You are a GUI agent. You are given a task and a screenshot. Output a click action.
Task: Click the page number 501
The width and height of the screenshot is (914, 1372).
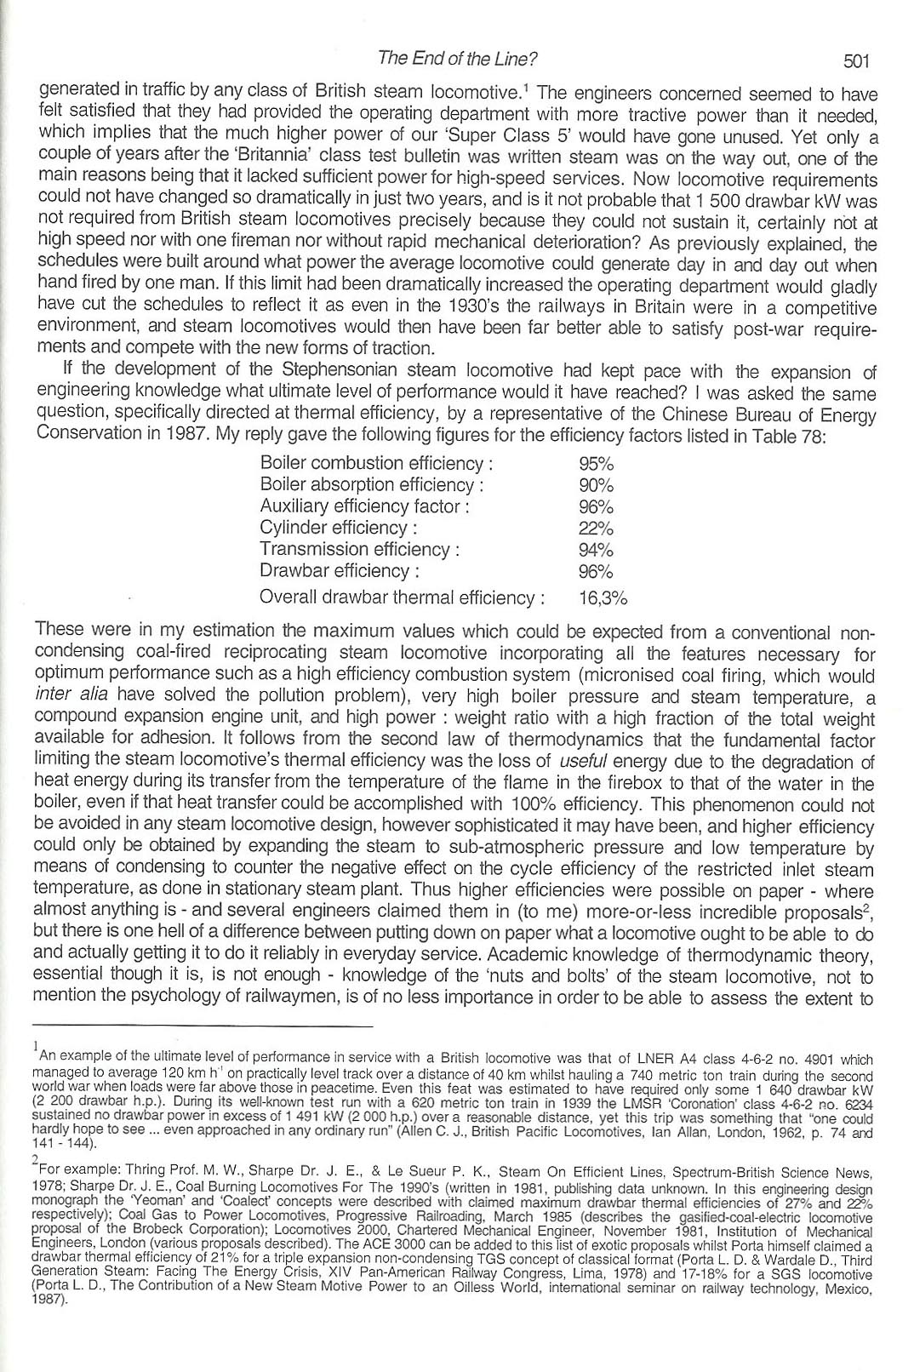pyautogui.click(x=854, y=60)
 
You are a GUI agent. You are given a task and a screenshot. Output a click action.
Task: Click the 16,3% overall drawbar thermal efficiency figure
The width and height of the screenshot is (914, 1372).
pyautogui.click(x=603, y=597)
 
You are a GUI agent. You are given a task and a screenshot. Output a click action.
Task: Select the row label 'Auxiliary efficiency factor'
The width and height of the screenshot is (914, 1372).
pyautogui.click(x=364, y=506)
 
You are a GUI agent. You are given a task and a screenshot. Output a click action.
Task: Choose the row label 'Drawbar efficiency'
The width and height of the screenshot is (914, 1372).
pyautogui.click(x=339, y=571)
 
